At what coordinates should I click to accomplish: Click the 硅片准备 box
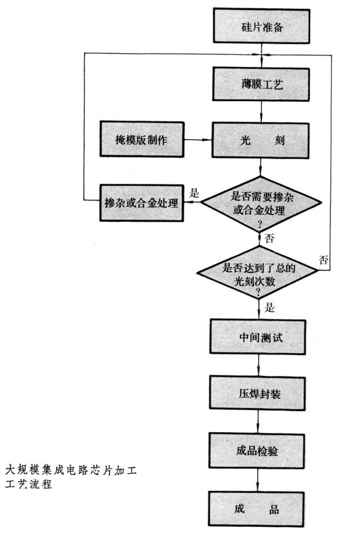[261, 26]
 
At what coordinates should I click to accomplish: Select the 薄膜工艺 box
[261, 84]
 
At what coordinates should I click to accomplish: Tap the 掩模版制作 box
[142, 139]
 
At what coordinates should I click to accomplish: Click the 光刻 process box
[260, 140]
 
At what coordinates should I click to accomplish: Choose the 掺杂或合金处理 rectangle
[141, 203]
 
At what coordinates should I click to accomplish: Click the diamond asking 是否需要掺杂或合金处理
[261, 204]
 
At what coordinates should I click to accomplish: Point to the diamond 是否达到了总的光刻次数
[258, 273]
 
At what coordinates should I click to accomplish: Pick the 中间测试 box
[258, 337]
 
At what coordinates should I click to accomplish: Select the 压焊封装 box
[258, 394]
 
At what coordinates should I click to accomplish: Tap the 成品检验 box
[257, 450]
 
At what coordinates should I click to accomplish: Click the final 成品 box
[256, 509]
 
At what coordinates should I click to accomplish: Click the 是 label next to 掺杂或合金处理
[195, 193]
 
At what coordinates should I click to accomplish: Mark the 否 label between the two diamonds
[270, 238]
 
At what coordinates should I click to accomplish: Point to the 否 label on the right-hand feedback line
[323, 260]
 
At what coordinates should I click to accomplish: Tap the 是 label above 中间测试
[270, 307]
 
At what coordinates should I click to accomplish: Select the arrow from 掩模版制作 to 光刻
[198, 140]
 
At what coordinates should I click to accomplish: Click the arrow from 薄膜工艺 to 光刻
[261, 112]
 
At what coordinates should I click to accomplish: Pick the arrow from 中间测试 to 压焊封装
[258, 365]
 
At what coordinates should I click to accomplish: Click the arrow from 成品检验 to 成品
[257, 480]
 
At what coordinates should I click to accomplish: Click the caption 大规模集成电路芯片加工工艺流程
[71, 477]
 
